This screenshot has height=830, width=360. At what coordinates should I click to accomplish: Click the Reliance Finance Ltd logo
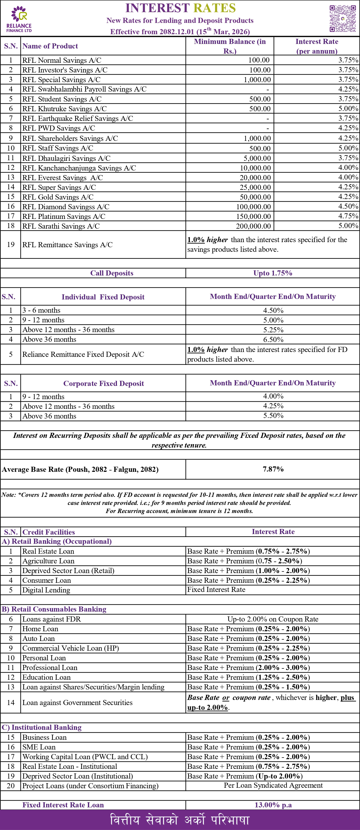(19, 19)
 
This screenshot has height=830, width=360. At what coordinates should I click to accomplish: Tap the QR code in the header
(342, 18)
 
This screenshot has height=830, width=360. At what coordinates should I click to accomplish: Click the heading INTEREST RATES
(181, 8)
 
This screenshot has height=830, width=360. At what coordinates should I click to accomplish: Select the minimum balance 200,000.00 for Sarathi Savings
(253, 226)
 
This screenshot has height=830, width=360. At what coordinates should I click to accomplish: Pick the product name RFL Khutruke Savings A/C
(64, 109)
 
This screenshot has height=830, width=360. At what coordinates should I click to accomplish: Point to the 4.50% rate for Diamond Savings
(348, 206)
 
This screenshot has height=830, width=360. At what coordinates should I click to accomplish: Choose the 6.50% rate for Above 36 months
(273, 340)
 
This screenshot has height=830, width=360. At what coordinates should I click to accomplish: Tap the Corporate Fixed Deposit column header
(103, 383)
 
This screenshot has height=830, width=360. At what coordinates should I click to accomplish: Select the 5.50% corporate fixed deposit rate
(273, 416)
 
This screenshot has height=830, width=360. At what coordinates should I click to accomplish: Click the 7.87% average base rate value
(273, 469)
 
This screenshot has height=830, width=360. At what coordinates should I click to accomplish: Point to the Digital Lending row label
(46, 590)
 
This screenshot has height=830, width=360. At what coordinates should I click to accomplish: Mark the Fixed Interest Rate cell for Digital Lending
(216, 590)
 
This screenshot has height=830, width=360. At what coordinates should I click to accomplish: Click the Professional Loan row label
(50, 667)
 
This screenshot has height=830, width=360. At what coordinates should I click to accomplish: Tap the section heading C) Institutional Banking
(41, 727)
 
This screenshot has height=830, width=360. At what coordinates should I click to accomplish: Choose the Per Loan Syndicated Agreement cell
(273, 785)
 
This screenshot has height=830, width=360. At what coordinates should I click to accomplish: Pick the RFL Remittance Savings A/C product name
(67, 245)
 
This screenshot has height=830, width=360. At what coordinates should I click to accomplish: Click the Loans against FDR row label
(51, 619)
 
